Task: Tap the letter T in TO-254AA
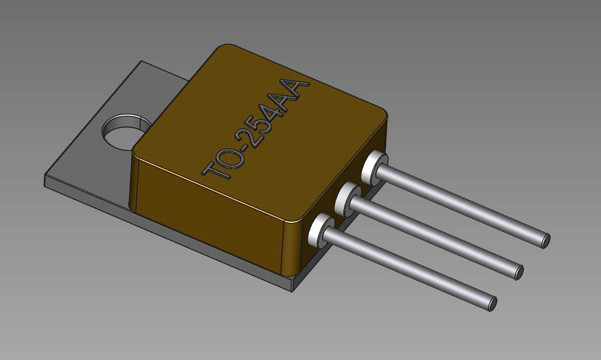coord(216,170)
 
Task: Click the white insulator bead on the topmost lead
coord(374,168)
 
